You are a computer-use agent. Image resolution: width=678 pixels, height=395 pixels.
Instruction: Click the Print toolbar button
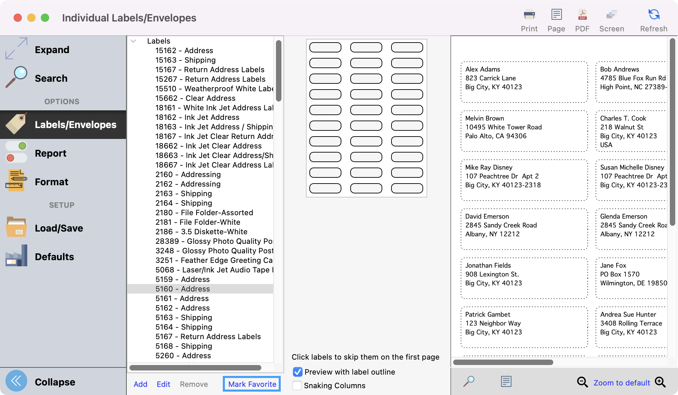point(529,20)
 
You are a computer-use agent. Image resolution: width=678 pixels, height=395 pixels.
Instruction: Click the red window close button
point(18,18)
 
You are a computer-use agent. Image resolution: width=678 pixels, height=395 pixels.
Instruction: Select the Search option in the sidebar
point(51,78)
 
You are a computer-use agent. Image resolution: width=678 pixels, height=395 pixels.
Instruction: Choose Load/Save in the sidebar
point(59,228)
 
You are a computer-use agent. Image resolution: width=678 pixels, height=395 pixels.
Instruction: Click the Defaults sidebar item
point(54,257)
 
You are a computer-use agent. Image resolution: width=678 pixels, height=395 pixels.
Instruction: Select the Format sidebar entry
point(51,182)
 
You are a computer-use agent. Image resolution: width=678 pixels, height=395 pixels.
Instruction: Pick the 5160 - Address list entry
point(183,289)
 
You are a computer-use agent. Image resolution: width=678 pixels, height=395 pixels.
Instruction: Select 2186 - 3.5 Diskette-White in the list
point(201,232)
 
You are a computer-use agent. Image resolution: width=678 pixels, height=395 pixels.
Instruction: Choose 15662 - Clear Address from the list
point(195,98)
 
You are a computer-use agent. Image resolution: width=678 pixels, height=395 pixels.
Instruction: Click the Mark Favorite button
point(252,384)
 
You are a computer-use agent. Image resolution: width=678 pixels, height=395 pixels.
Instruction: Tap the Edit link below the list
point(163,384)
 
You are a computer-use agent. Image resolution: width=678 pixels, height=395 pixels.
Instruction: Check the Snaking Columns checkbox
point(297,385)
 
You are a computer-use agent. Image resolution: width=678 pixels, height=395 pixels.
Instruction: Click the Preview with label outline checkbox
point(298,372)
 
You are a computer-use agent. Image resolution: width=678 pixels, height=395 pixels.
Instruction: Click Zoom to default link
point(622,383)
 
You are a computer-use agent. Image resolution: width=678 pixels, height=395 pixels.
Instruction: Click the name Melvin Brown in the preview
point(484,118)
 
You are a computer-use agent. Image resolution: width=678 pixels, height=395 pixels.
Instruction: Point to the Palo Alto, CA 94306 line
point(496,136)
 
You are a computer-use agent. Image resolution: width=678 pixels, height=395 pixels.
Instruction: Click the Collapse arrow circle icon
point(16,381)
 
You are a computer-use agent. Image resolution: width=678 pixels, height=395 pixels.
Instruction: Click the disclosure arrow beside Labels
point(134,41)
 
